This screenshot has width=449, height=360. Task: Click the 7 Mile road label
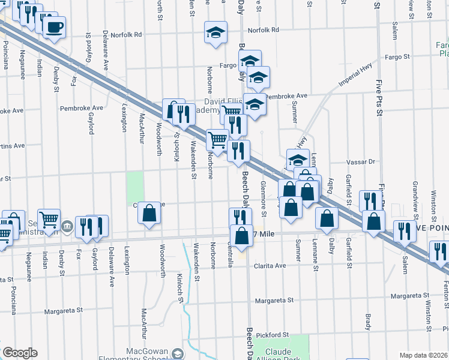tap(263, 233)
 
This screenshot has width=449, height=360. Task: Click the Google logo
tap(20, 353)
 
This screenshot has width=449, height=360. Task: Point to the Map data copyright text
tap(423, 355)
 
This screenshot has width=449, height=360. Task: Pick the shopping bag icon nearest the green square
tap(149, 213)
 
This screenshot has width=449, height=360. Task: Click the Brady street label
tap(367, 322)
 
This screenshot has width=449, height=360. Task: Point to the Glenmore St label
tap(263, 202)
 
